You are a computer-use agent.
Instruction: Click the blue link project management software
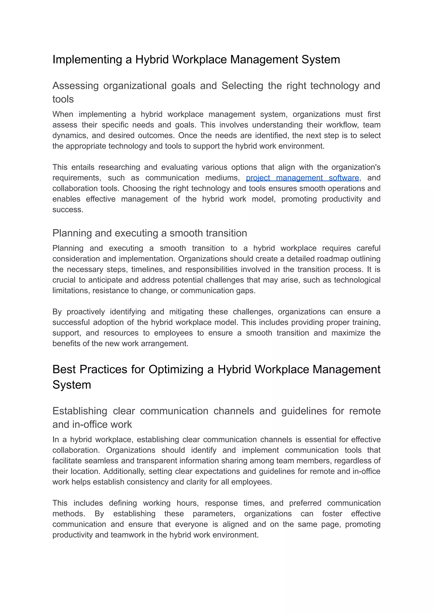(x=302, y=178)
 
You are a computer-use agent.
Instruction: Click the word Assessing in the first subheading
(x=75, y=86)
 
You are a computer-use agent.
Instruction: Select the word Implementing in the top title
(x=87, y=59)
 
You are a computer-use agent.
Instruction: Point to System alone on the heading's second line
(x=72, y=385)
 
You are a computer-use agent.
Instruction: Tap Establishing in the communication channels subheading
(x=80, y=411)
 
